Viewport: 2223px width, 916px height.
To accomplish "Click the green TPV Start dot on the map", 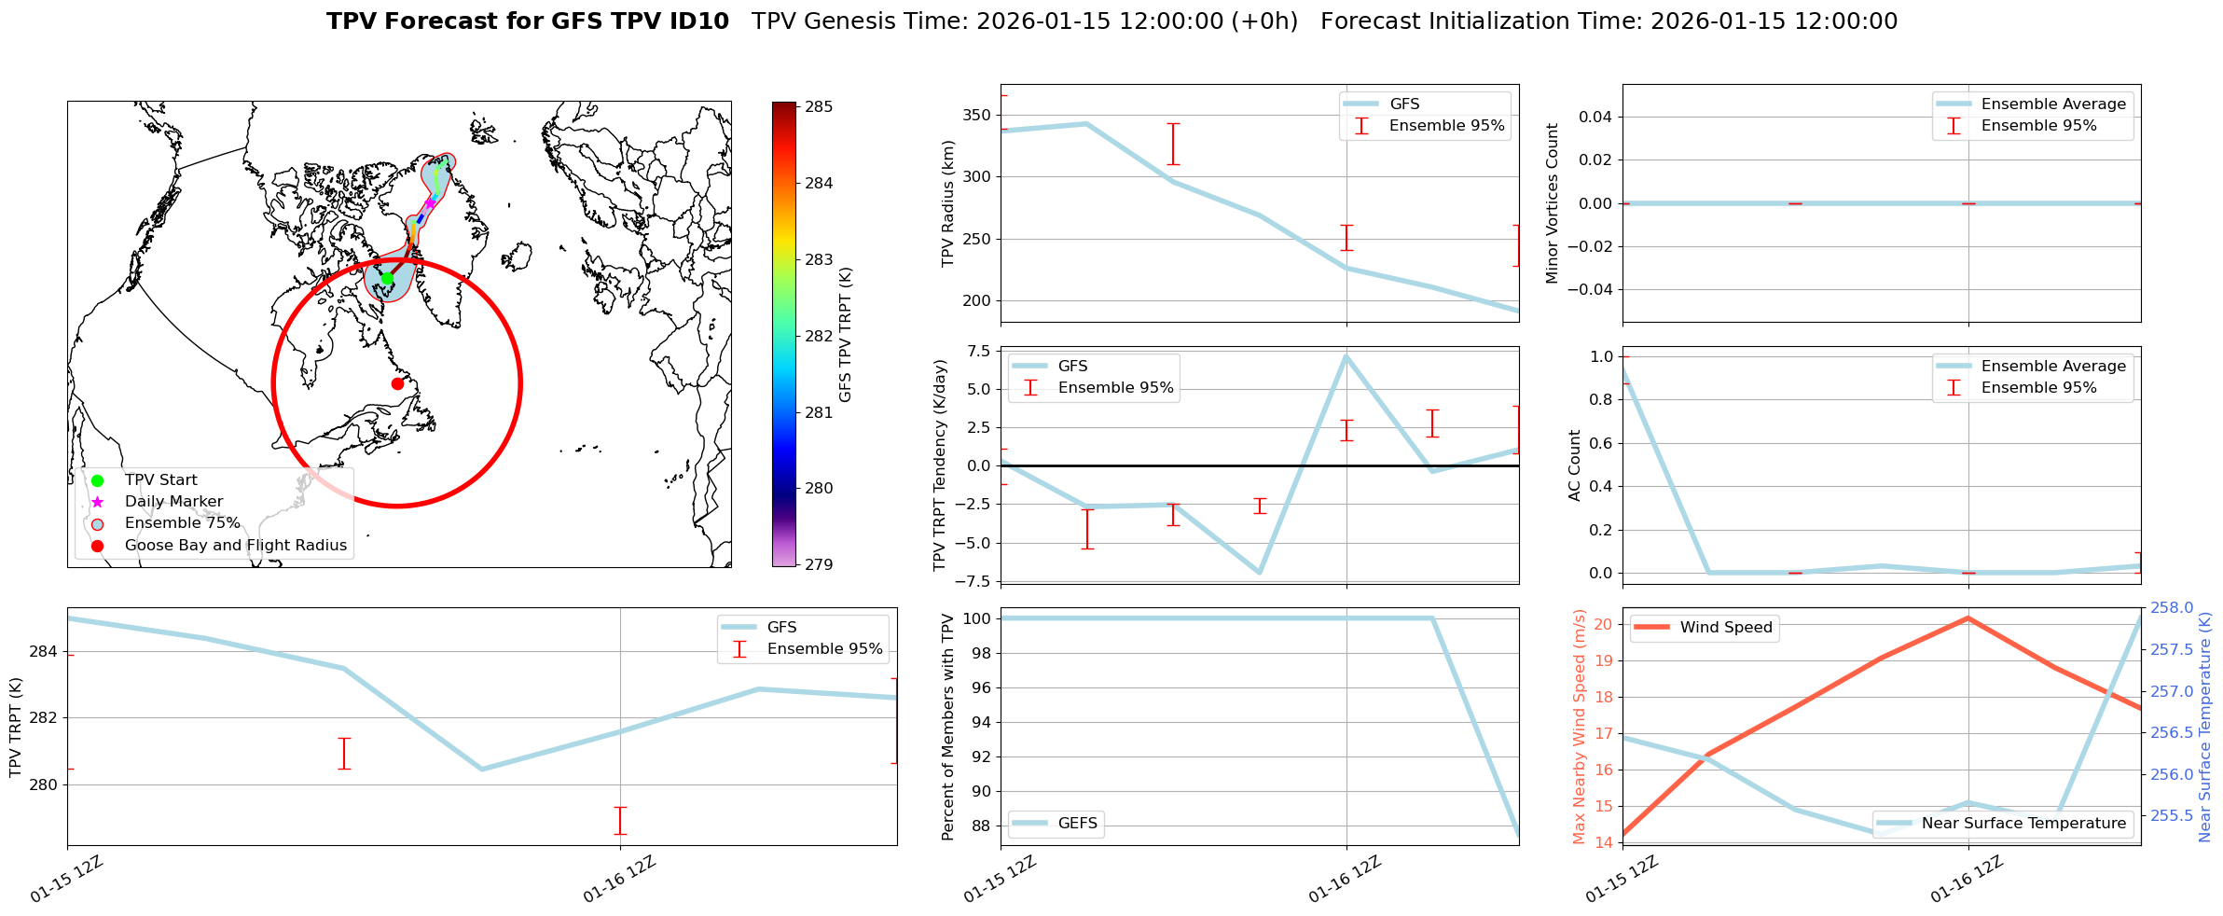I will click(387, 278).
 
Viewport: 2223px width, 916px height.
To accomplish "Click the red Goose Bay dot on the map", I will click(397, 383).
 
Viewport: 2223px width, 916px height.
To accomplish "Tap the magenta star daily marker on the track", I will click(430, 202).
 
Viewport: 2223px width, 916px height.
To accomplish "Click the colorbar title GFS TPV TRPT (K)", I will click(846, 335).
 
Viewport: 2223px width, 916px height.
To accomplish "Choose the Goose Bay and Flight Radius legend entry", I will click(235, 546).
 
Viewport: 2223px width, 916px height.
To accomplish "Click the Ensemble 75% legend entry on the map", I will click(182, 523).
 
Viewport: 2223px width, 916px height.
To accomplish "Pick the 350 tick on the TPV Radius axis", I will click(979, 116).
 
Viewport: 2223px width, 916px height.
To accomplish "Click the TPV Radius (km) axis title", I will click(948, 203).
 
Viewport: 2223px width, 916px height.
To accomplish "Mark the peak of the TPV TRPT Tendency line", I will click(1346, 355).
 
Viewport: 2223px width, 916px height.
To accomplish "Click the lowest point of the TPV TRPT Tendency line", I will click(1260, 573).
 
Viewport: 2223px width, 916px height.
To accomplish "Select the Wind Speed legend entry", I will click(1725, 628).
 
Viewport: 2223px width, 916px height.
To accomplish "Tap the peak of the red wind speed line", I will click(1968, 618).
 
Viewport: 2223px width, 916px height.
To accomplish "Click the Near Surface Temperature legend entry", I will click(2023, 824).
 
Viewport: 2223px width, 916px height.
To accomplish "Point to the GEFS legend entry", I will click(1077, 824).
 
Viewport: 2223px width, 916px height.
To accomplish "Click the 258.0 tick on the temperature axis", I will click(2171, 608).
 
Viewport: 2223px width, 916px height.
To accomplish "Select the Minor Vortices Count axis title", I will click(1552, 203).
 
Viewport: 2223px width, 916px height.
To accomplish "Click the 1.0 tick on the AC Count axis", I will click(1601, 356).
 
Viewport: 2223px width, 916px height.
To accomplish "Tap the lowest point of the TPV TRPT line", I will click(482, 770).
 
